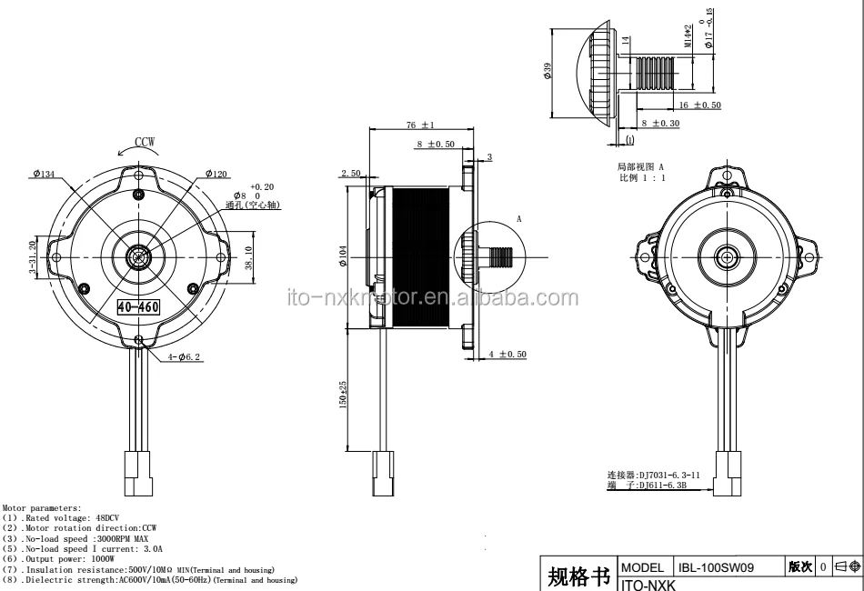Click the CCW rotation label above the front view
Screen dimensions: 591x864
tap(145, 142)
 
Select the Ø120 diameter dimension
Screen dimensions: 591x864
tap(219, 174)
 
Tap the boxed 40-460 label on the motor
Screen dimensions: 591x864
tap(139, 307)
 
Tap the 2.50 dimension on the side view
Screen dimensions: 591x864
tap(351, 173)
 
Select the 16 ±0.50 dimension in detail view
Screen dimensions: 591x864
tap(700, 105)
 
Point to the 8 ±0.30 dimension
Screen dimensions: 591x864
tap(660, 123)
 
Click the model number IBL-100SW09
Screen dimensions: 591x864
tap(712, 566)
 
